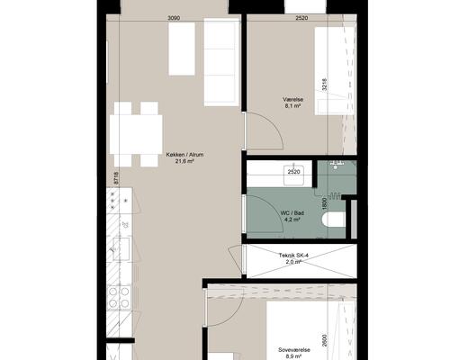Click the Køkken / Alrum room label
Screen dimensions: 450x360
(184, 155)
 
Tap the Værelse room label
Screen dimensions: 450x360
(292, 99)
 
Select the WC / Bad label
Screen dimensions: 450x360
(292, 213)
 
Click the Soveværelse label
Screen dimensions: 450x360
(294, 350)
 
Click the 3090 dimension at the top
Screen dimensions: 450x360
(174, 18)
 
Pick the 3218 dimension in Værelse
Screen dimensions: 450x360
(324, 85)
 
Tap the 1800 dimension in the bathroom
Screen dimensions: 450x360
(324, 203)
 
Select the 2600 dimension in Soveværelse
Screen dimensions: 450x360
(324, 340)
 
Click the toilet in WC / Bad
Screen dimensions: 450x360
(334, 220)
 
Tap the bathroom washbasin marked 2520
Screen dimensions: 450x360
(294, 175)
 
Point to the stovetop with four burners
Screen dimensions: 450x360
(120, 297)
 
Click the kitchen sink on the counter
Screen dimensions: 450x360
(121, 249)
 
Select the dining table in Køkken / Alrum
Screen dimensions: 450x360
(136, 134)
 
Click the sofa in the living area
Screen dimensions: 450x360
(222, 62)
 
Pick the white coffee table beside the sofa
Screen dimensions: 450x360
(182, 49)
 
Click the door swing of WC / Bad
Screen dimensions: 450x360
(265, 213)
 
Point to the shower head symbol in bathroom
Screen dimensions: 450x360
(337, 165)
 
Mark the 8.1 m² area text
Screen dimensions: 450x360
(293, 106)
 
